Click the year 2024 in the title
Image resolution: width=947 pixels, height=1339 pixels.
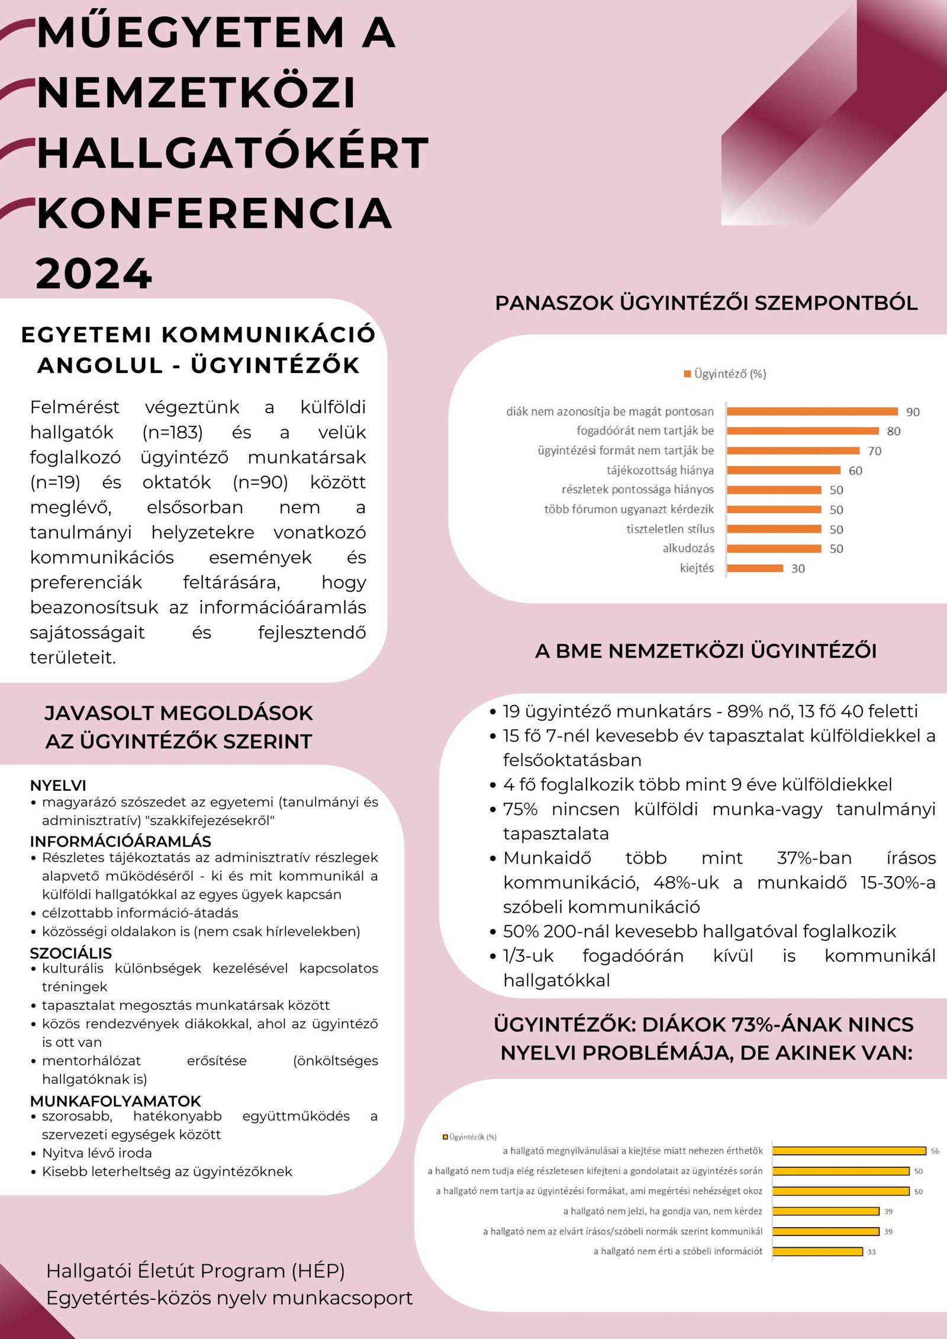pos(94,273)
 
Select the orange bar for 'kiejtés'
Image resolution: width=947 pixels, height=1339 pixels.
pos(755,568)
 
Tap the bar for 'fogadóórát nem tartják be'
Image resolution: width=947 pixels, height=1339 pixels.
pos(803,431)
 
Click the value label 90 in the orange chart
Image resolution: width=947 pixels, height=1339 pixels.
pos(913,412)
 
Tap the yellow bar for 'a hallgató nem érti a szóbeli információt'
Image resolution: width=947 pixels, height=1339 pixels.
pos(817,1251)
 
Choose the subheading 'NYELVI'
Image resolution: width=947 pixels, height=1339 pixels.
pos(58,785)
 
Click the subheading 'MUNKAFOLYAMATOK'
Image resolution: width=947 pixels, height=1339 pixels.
pos(115,1101)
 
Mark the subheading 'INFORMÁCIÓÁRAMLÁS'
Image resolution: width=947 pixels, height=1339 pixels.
pos(120,841)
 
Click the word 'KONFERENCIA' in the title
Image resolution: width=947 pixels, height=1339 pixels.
pos(215,213)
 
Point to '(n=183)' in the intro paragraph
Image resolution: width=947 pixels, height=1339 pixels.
pos(172,432)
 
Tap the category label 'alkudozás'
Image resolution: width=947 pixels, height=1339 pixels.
pos(688,548)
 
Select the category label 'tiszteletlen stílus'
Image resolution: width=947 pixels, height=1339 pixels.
pos(670,529)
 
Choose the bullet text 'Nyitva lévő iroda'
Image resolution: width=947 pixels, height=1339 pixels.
pos(97,1153)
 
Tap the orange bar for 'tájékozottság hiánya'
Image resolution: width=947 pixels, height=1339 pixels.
pos(783,470)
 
